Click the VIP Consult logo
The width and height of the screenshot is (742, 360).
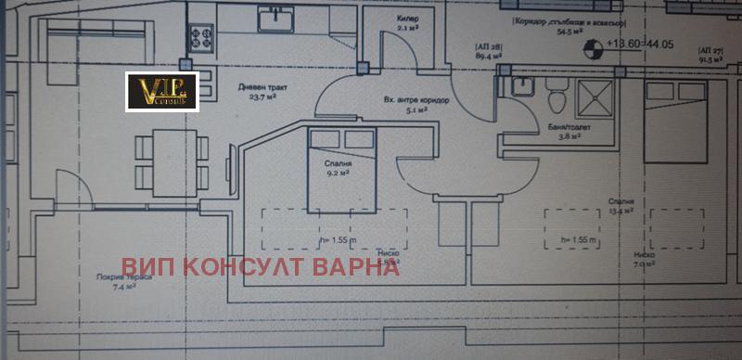click(x=161, y=91)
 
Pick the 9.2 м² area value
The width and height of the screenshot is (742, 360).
click(x=325, y=171)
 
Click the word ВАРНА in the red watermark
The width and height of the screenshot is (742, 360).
click(x=356, y=266)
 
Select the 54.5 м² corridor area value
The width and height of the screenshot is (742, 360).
click(x=563, y=31)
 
